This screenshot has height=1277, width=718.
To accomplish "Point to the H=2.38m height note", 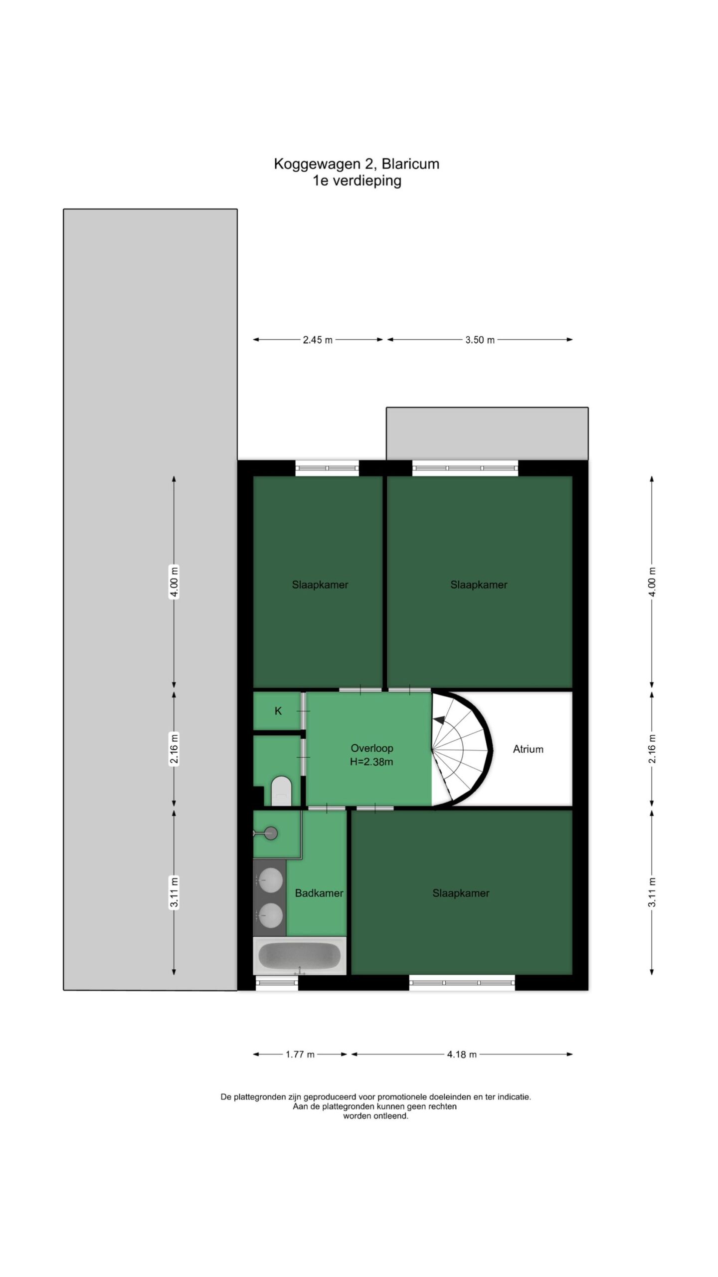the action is click(x=371, y=762).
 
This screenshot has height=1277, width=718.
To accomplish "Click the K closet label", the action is click(x=278, y=711).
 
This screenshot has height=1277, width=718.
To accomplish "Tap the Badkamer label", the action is click(x=319, y=893).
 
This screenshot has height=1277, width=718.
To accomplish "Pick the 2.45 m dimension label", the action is click(x=318, y=340).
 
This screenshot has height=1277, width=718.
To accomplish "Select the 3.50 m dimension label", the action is click(x=480, y=340).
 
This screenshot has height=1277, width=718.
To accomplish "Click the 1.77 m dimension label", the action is click(x=300, y=1055).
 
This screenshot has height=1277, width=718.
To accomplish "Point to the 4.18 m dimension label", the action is click(x=462, y=1055).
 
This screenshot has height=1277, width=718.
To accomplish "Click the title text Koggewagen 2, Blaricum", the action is click(x=357, y=164).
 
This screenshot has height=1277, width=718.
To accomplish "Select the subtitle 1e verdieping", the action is click(x=357, y=181).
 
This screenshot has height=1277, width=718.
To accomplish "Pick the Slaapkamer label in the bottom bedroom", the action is click(x=461, y=893).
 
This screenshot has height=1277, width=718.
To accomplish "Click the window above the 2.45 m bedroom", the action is click(x=327, y=468).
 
